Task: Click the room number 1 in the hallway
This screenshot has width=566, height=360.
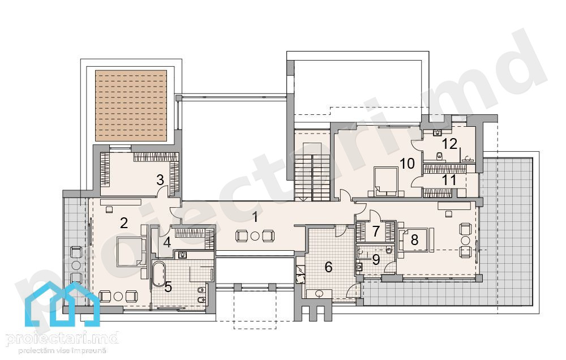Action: (x=256, y=217)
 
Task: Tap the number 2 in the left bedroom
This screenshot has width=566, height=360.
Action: (x=124, y=223)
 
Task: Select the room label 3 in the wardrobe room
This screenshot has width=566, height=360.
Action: (x=160, y=179)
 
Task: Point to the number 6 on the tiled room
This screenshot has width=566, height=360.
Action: (x=328, y=267)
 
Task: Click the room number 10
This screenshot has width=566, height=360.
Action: (x=408, y=164)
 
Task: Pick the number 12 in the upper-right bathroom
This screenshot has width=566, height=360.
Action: (x=450, y=144)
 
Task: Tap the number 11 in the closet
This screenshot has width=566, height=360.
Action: (x=449, y=179)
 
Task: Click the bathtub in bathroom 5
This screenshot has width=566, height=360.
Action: (x=158, y=275)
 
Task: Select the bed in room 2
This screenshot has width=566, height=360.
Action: (x=131, y=252)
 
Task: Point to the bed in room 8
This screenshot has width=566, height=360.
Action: (x=415, y=240)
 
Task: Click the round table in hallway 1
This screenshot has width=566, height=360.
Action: (x=255, y=236)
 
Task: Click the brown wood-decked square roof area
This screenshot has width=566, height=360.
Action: (x=131, y=106)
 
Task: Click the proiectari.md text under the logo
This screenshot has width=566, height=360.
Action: (x=62, y=338)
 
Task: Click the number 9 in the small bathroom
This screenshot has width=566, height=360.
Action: (x=376, y=259)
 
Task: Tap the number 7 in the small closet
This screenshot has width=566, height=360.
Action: (x=376, y=231)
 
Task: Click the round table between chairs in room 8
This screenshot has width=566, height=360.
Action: (x=465, y=241)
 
